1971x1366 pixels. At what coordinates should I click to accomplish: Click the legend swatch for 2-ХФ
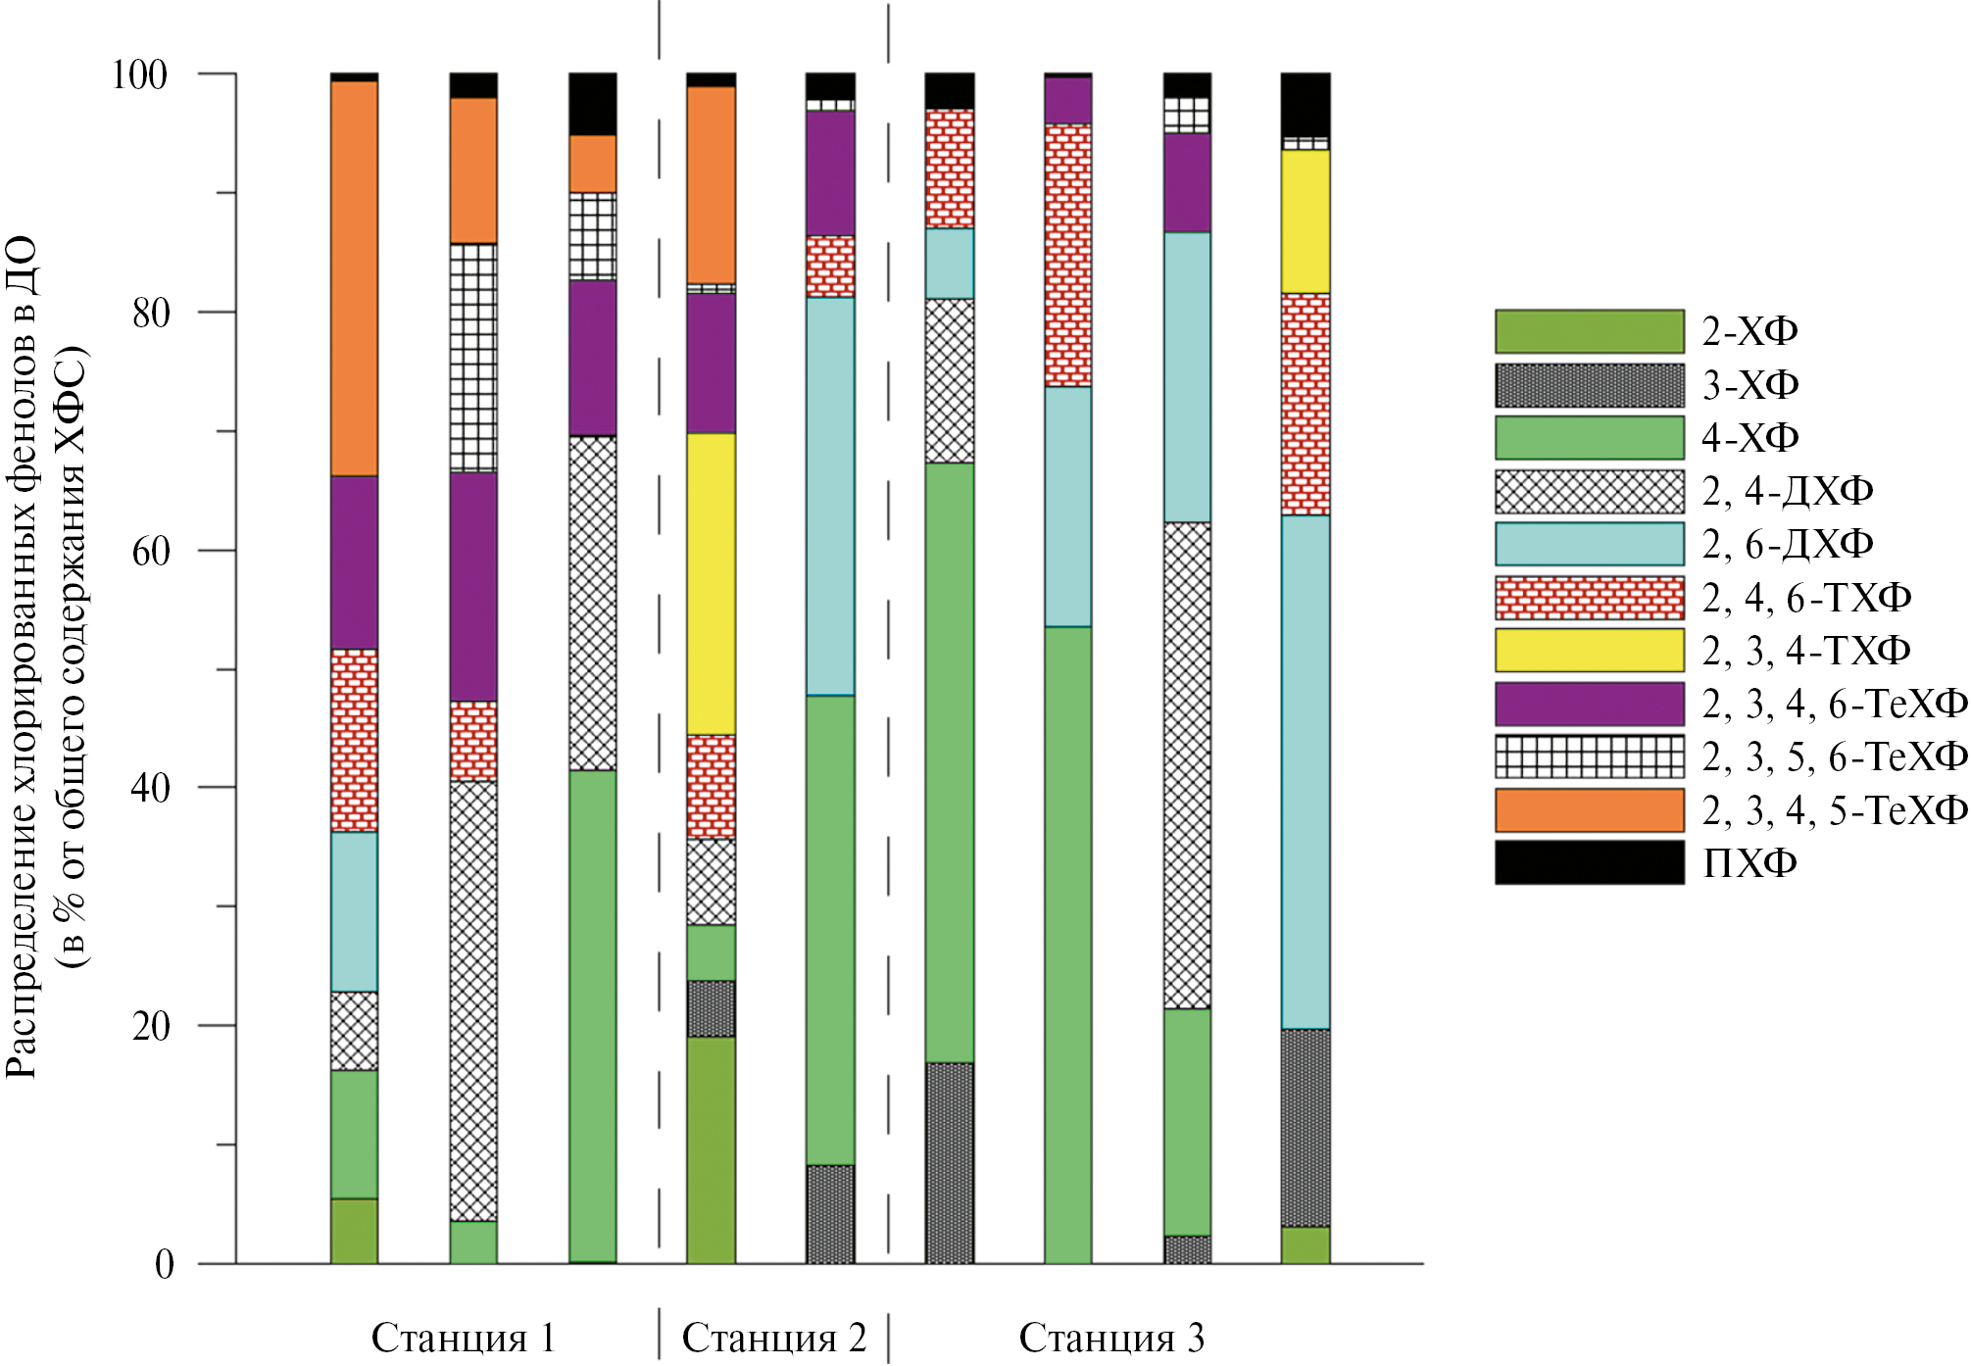[1589, 331]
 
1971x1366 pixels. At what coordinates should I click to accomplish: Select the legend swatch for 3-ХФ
[1589, 385]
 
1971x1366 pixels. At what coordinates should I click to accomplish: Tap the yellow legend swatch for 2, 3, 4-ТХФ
[1589, 650]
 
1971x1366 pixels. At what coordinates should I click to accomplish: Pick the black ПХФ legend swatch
[1589, 862]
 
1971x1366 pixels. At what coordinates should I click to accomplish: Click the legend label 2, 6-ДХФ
[1788, 544]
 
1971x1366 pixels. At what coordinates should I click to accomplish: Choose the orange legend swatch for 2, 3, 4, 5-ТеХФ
[1589, 809]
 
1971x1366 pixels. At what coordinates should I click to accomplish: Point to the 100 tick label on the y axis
[140, 74]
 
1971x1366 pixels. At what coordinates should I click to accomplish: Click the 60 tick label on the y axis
[152, 551]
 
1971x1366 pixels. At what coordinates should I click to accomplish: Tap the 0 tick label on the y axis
[165, 1264]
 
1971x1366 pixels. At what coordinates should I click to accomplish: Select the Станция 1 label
[464, 1338]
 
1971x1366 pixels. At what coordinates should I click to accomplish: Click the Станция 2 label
[774, 1338]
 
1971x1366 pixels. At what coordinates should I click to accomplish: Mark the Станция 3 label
[1111, 1338]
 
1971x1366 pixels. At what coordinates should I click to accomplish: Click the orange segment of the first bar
[354, 278]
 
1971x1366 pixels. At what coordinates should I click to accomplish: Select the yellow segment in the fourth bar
[711, 584]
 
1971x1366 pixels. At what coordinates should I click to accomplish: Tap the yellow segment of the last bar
[1306, 221]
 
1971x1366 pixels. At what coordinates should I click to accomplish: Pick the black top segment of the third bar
[593, 104]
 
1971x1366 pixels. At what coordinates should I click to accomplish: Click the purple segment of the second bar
[473, 587]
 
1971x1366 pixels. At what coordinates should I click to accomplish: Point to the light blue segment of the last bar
[1306, 772]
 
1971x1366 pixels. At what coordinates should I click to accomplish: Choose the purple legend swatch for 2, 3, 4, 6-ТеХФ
[1589, 704]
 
